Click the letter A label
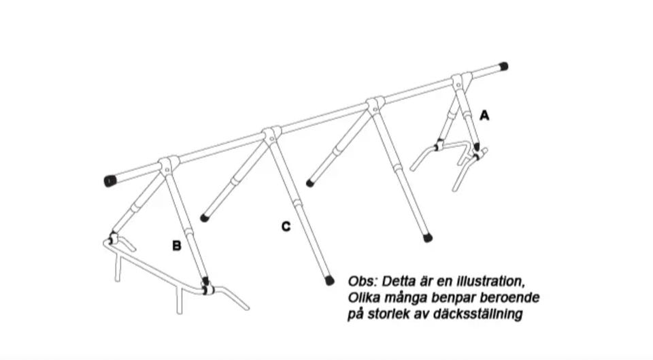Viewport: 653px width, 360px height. pyautogui.click(x=484, y=116)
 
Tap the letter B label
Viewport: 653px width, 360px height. pyautogui.click(x=176, y=246)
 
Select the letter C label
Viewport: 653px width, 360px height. pyautogui.click(x=286, y=227)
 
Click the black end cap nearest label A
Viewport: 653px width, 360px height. pyautogui.click(x=503, y=67)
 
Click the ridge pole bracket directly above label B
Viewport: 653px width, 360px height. pyautogui.click(x=169, y=164)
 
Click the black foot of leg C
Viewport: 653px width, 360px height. pyautogui.click(x=329, y=279)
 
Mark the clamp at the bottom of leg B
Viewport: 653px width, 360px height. pyautogui.click(x=206, y=289)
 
